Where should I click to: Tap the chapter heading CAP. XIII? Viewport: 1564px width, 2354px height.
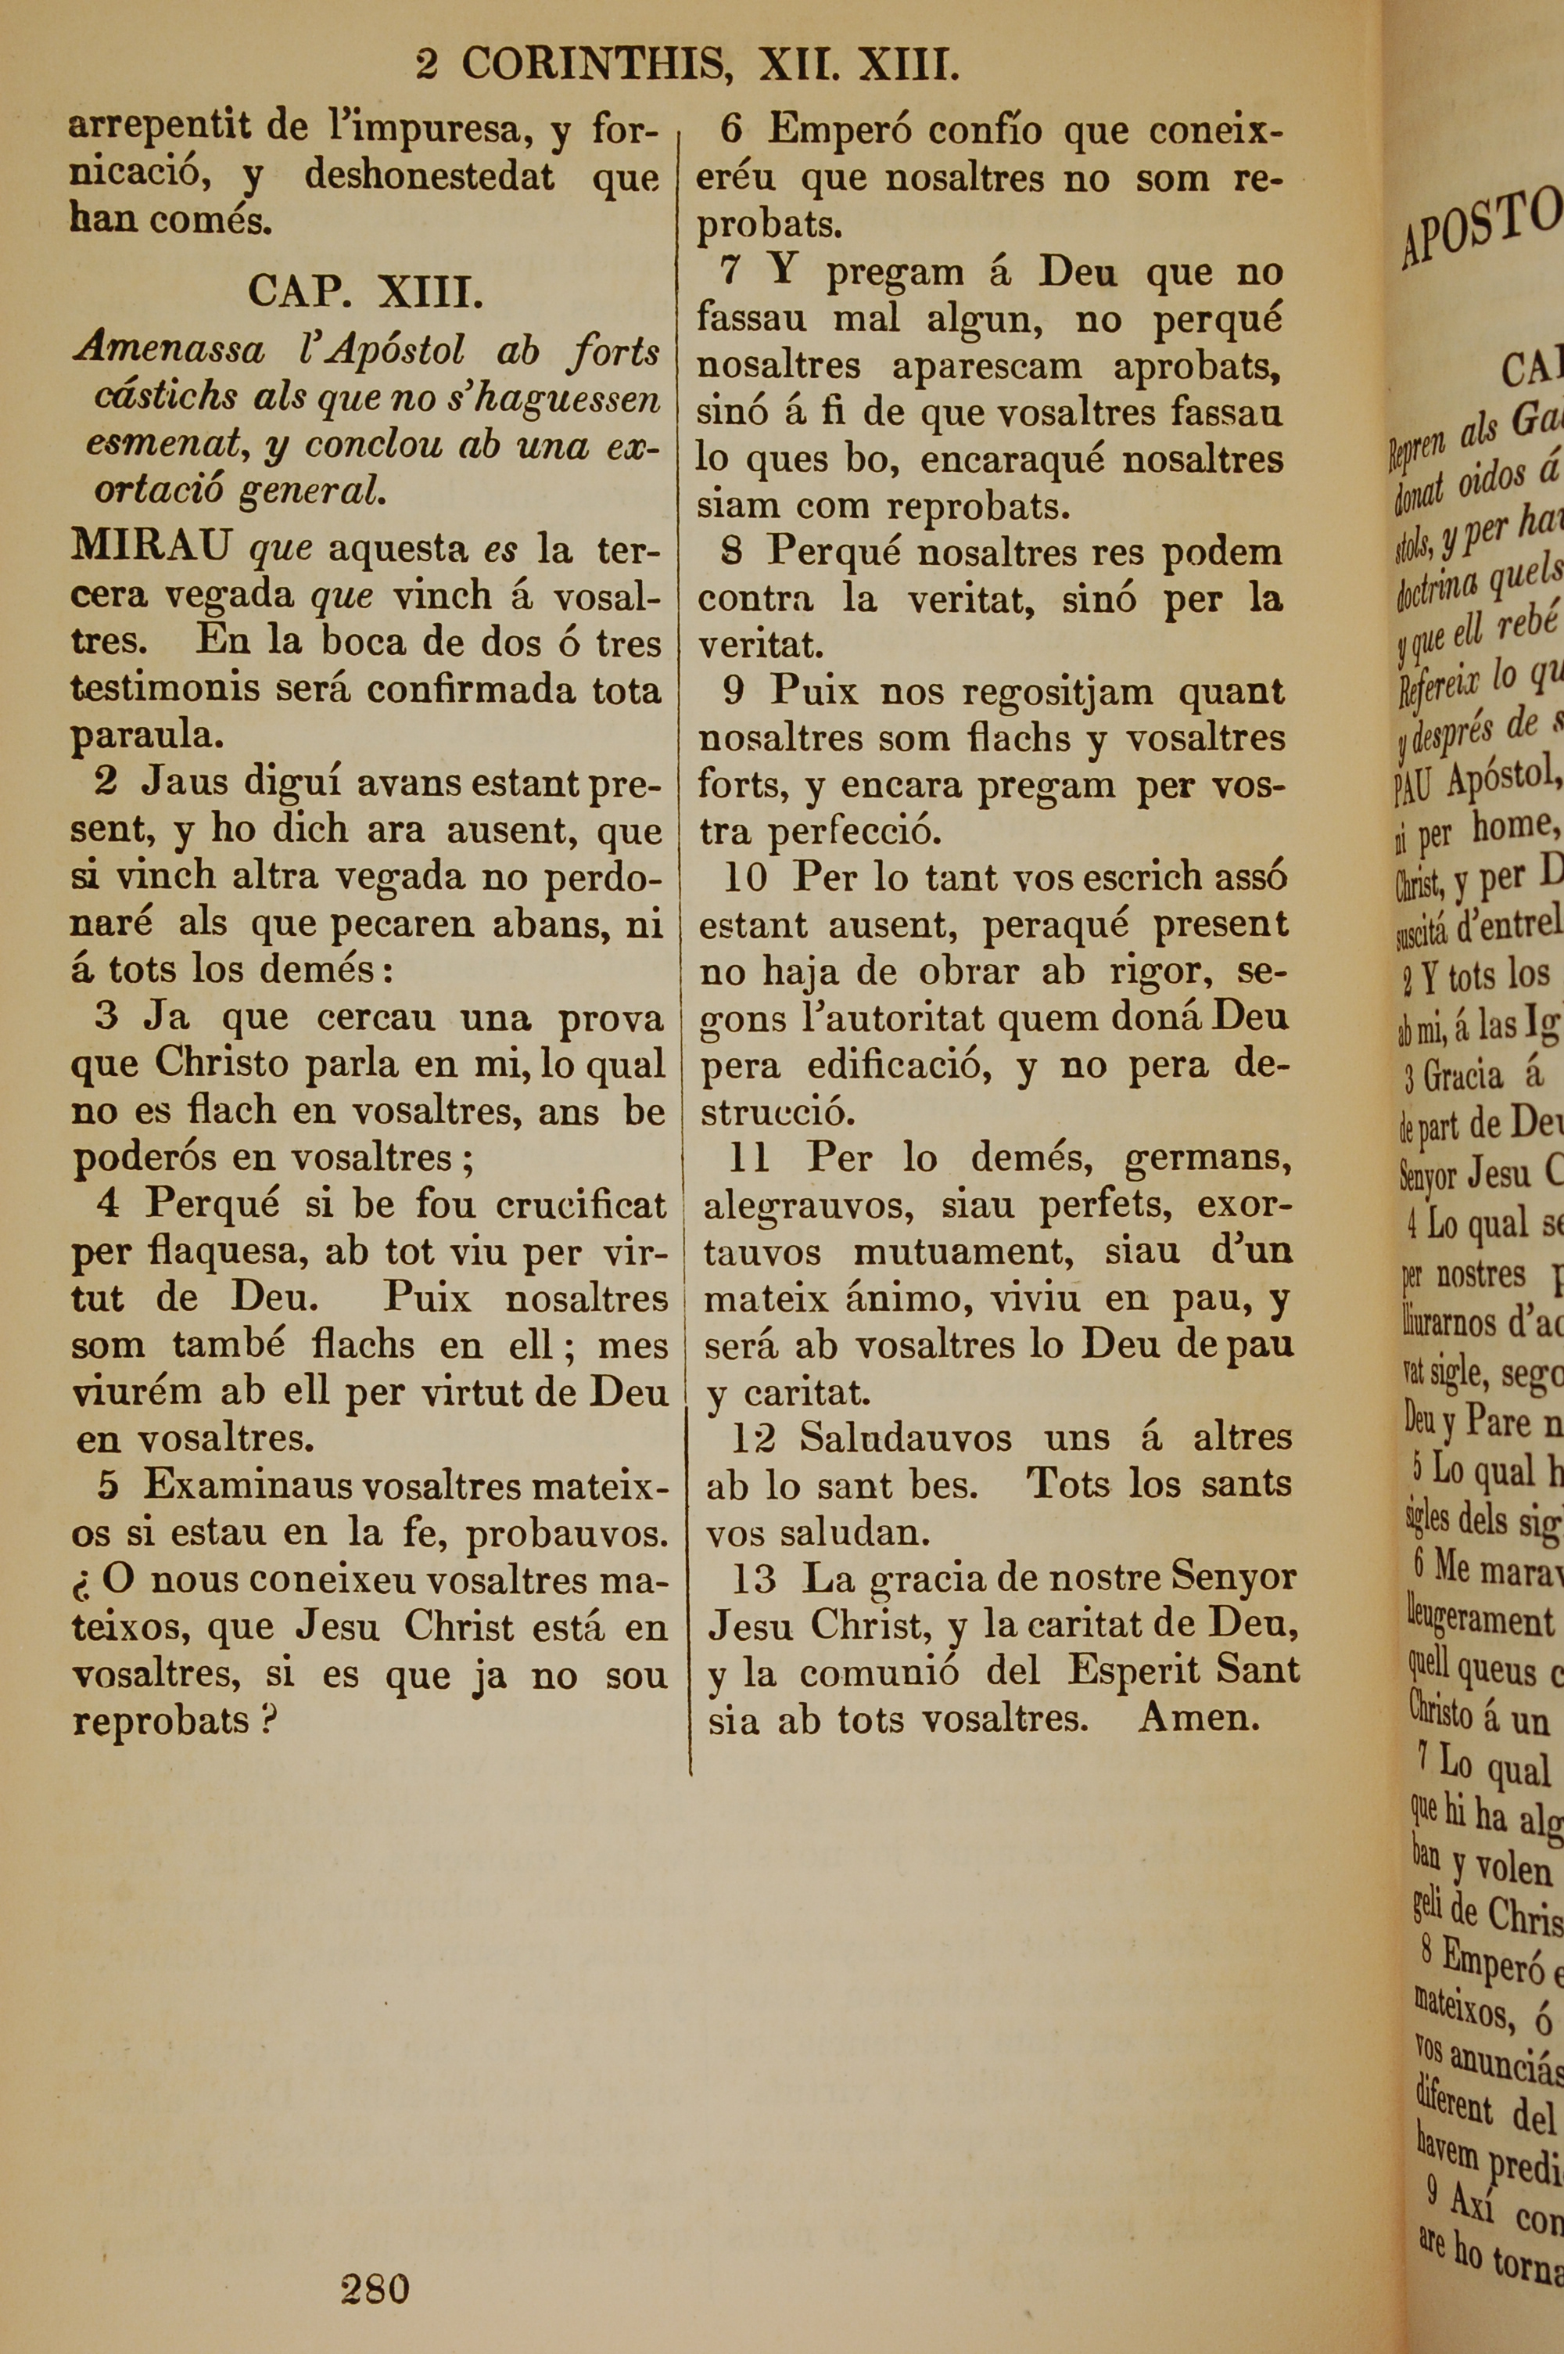click(365, 293)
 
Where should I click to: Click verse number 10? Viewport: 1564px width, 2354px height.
click(745, 878)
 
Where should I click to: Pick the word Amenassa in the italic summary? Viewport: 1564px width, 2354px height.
click(169, 351)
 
